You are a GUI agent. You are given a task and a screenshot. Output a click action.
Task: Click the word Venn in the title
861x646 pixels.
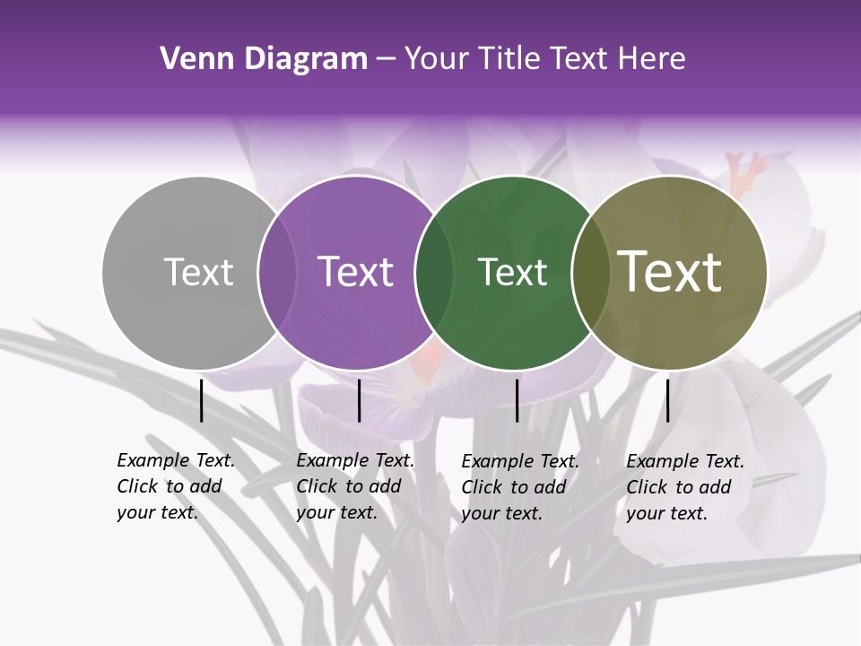[190, 59]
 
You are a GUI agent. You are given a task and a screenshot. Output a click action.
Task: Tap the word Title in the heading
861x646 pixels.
[507, 59]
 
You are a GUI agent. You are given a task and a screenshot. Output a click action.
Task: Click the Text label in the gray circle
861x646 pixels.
[198, 272]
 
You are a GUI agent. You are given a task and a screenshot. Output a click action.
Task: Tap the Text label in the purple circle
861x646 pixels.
[355, 272]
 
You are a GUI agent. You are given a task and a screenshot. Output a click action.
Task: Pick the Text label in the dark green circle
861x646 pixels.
[512, 272]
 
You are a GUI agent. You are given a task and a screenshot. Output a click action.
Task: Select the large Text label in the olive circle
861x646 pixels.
[670, 272]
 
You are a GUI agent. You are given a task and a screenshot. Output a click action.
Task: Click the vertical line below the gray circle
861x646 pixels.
[202, 400]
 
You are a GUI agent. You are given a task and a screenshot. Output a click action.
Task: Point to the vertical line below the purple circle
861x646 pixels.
[359, 400]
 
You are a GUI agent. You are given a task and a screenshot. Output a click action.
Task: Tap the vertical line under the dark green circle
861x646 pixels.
[517, 400]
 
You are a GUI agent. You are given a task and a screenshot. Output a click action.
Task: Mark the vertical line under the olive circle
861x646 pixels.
[667, 400]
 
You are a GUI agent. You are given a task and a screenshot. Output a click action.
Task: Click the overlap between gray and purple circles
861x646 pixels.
[277, 272]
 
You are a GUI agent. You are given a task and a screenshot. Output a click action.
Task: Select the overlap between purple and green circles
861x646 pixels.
[434, 272]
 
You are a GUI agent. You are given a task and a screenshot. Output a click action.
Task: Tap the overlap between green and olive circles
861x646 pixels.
[590, 272]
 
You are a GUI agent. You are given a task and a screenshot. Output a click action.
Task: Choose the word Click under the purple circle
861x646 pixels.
[316, 486]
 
